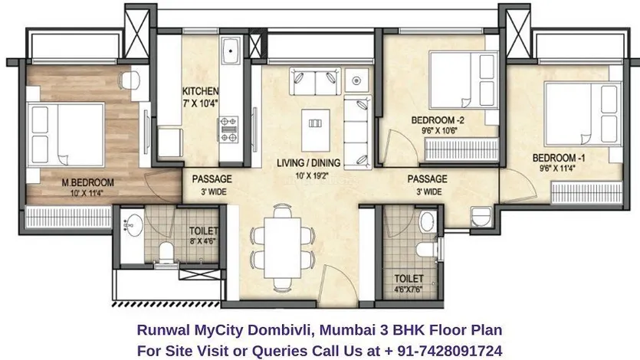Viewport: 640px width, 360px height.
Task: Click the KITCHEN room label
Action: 200,91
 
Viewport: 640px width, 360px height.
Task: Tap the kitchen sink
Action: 231,51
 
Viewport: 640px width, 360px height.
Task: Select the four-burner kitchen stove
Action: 228,129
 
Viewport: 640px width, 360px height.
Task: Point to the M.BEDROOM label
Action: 87,182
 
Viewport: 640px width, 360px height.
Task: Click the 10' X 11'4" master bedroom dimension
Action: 87,193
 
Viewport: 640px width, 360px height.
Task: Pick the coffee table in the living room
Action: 315,130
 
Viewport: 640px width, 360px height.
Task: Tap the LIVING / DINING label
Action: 308,163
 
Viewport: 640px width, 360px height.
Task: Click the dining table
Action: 283,248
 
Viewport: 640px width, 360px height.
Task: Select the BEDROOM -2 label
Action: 438,120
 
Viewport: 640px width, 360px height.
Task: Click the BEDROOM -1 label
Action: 558,158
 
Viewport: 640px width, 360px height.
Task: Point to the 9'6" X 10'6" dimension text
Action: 439,131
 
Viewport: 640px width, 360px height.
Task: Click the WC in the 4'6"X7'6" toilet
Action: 425,250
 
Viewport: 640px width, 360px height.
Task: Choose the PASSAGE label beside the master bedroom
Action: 212,179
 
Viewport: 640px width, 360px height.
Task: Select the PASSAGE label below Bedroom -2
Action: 428,179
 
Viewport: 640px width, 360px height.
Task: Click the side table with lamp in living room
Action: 356,80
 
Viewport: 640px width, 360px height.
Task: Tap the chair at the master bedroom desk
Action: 130,80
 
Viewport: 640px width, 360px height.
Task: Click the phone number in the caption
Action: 443,351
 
